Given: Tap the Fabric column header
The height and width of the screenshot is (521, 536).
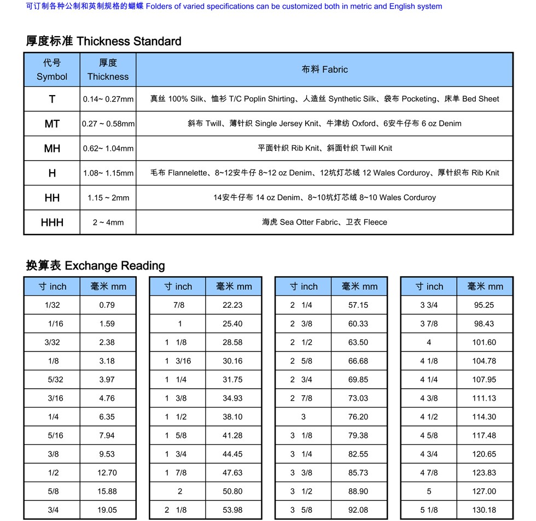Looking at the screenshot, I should click(x=324, y=69).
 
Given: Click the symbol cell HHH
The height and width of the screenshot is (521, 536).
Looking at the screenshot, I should click(x=52, y=223).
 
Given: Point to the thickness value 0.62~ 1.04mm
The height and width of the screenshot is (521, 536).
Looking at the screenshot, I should click(x=108, y=148).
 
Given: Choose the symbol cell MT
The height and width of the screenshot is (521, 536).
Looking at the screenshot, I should click(x=52, y=124).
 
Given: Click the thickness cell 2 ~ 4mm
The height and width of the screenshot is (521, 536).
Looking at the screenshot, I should click(x=108, y=223).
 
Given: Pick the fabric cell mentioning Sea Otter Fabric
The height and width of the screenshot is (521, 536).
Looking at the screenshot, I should click(x=324, y=223).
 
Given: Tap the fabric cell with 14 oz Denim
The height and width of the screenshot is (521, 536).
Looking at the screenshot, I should click(x=324, y=197).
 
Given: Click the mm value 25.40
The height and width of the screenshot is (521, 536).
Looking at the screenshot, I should click(x=232, y=324).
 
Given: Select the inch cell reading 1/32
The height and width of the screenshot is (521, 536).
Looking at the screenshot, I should click(x=53, y=305).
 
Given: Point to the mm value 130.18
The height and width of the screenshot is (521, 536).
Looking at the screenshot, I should click(x=484, y=510).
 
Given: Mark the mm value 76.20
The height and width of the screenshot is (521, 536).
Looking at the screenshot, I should click(x=358, y=417).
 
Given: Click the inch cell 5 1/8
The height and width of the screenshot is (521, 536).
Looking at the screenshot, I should click(x=429, y=510).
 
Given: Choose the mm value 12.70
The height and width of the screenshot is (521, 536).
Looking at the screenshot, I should click(x=107, y=473).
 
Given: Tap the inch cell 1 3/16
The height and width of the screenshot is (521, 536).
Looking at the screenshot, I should click(x=178, y=361).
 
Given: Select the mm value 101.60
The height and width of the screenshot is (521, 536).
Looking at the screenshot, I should click(x=484, y=342).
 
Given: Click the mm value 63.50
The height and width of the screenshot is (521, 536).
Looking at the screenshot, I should click(x=358, y=342).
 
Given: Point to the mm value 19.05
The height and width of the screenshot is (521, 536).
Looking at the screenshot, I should click(x=107, y=510).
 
